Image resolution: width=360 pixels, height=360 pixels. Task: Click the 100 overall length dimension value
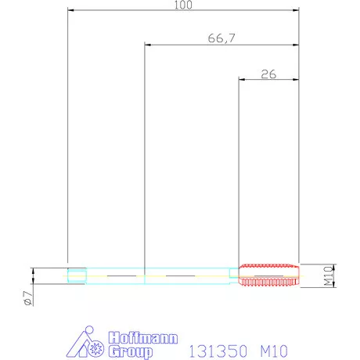click(x=183, y=5)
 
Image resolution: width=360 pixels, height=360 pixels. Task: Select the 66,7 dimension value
click(x=221, y=38)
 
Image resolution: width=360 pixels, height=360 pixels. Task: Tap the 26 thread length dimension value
click(x=268, y=74)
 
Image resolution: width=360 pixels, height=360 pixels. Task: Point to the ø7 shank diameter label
click(x=28, y=298)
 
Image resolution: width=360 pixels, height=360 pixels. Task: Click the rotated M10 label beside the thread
click(x=329, y=276)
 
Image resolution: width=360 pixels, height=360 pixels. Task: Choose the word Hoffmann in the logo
click(x=143, y=338)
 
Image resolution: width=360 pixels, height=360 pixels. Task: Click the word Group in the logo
click(x=131, y=351)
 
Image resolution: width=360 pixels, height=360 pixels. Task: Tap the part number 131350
click(x=218, y=351)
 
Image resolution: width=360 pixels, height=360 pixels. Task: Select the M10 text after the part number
click(x=274, y=351)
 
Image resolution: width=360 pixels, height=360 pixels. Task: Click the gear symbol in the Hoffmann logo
click(x=97, y=347)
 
